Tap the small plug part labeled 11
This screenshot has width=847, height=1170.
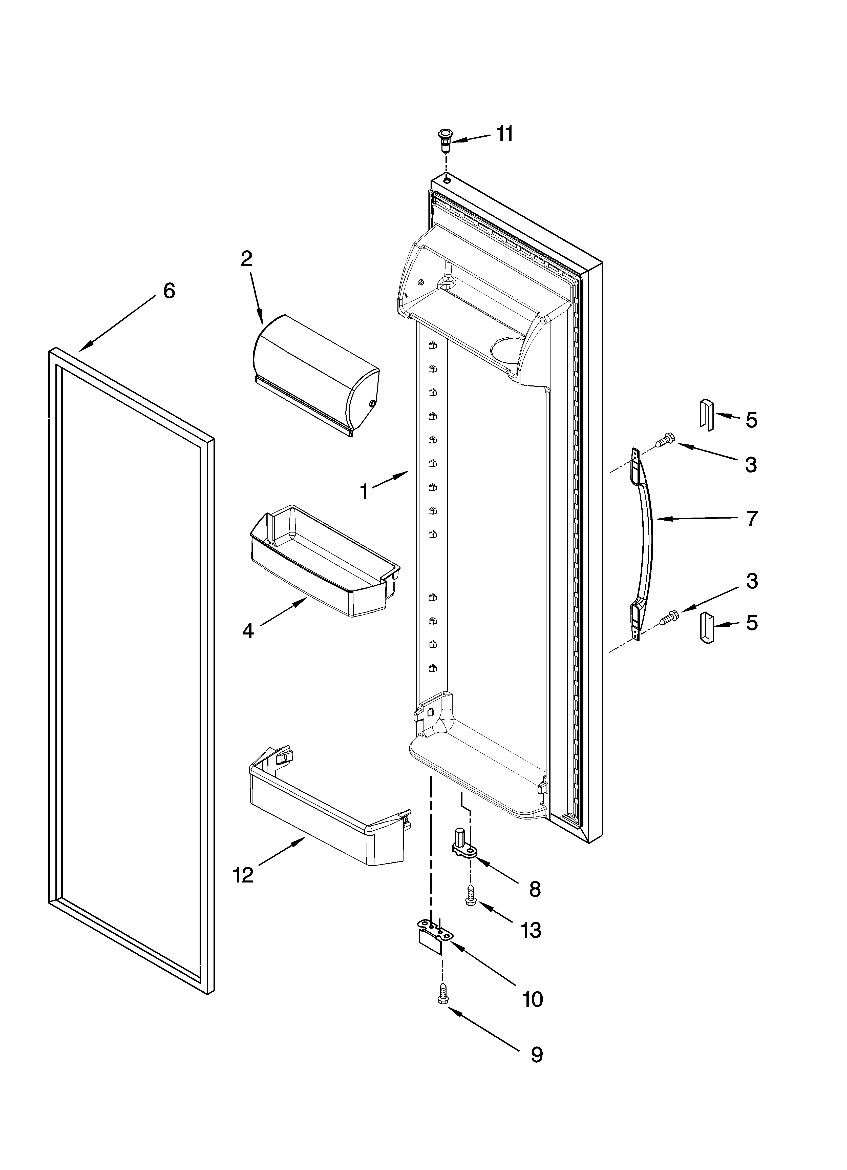[443, 139]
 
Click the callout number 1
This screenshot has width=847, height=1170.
[364, 492]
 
